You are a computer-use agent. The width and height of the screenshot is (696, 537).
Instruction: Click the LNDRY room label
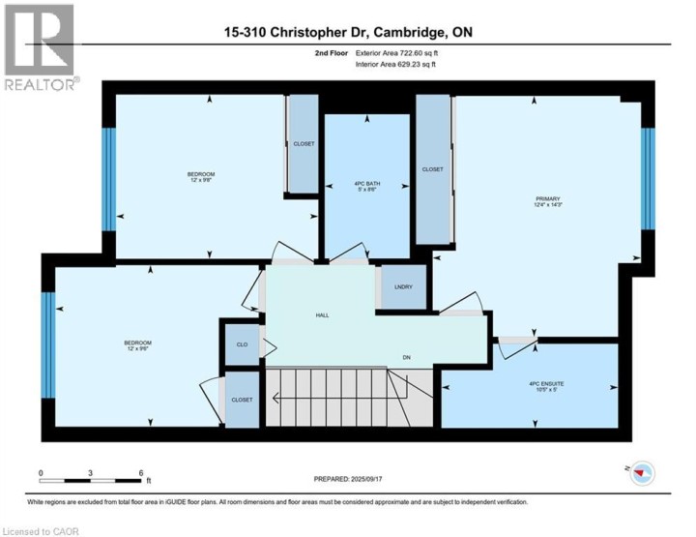404,287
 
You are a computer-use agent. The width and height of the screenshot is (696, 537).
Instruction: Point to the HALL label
322,315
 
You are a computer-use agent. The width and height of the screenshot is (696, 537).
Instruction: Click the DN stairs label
407,356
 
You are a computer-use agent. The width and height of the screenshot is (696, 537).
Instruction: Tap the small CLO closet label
242,343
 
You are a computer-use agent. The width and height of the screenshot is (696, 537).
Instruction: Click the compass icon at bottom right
642,473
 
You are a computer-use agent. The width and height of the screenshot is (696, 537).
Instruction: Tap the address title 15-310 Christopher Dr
348,33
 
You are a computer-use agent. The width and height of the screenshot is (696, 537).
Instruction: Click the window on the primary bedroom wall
648,178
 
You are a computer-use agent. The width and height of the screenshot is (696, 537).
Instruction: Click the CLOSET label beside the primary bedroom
432,169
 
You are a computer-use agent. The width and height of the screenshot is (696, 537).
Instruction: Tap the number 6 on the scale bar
141,472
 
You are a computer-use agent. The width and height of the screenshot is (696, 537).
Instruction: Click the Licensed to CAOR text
41,530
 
